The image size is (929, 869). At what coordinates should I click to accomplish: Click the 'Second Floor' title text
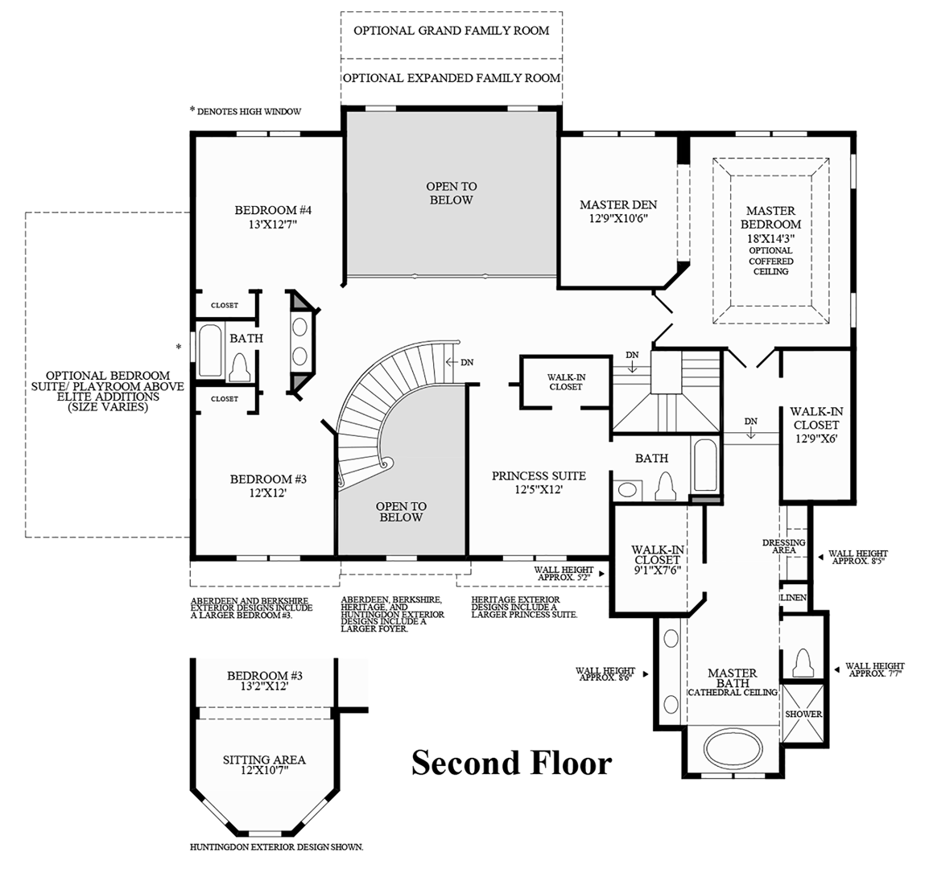pos(511,763)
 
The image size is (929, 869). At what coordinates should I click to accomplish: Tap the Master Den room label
pos(618,211)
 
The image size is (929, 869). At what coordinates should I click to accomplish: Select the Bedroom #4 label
pos(273,217)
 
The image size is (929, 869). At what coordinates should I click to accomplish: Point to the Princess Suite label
pos(539,482)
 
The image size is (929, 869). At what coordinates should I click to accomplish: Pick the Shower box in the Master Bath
pos(803,713)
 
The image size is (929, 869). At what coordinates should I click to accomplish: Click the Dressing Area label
pos(783,546)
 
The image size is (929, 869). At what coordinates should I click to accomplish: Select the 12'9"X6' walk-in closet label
pos(815,424)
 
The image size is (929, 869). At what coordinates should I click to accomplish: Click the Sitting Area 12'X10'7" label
pos(264,764)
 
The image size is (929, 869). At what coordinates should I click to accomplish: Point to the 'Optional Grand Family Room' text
pos(451,31)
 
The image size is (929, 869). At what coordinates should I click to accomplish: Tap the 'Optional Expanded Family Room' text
pos(451,78)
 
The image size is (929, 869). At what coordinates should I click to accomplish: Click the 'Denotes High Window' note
pos(245,111)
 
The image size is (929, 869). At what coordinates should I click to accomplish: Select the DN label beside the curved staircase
pos(467,362)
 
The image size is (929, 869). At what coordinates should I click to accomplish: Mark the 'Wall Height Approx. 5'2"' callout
pos(564,573)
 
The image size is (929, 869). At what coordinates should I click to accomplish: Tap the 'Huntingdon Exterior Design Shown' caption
pos(276,847)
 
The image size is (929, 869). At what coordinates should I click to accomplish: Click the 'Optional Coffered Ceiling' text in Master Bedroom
pos(770,261)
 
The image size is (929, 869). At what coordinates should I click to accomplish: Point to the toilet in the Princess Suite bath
pos(666,486)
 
